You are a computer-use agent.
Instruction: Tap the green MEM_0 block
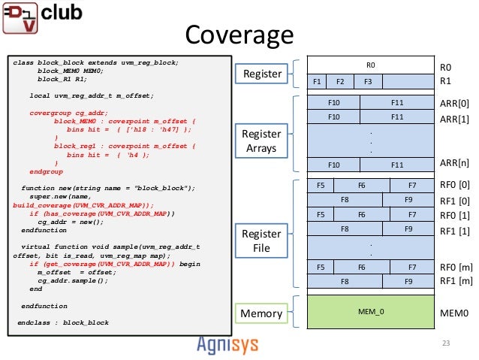click(x=370, y=310)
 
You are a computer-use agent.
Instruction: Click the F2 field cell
click(x=339, y=81)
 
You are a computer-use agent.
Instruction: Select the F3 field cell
click(x=368, y=81)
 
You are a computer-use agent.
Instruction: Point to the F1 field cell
click(x=318, y=81)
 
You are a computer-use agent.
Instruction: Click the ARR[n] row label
click(x=453, y=162)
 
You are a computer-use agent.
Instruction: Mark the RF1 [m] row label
click(x=455, y=281)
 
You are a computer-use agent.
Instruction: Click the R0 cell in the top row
click(x=370, y=65)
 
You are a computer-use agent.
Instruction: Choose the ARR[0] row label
click(x=453, y=103)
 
